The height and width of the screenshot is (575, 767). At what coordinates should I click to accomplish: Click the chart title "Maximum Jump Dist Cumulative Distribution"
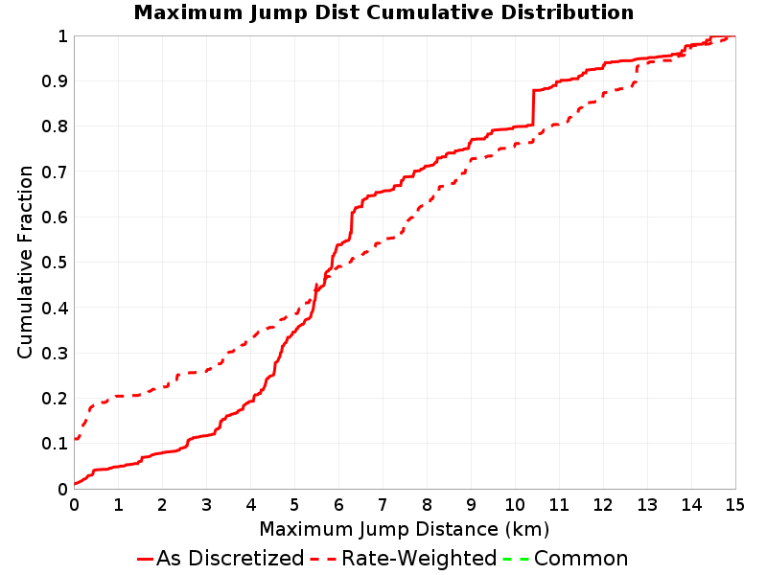pos(383,12)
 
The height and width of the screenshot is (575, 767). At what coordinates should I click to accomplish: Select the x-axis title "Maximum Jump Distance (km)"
pos(404,530)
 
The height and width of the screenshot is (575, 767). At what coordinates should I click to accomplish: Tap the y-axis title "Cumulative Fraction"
pos(25,262)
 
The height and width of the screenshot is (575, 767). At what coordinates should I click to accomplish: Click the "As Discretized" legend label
pos(230,558)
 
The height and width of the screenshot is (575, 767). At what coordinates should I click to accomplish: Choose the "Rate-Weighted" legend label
pos(419,558)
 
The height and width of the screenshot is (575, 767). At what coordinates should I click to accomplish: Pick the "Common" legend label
pos(581,558)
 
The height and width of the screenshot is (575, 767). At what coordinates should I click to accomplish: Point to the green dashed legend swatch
pos(516,559)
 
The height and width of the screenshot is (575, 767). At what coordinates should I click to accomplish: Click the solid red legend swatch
pos(146,559)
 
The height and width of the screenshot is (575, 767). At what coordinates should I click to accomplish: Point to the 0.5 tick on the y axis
pos(55,263)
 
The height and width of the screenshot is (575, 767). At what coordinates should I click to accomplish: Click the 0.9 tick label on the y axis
pos(55,81)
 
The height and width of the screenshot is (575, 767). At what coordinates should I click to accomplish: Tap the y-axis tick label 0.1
pos(55,444)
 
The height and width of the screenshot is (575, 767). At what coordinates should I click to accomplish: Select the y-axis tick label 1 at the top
pos(62,36)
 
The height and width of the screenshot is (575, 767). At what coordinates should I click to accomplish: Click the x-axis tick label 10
pos(515,505)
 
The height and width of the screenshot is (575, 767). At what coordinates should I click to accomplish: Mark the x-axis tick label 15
pos(735,505)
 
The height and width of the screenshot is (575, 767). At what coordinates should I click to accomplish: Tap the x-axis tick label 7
pos(383,505)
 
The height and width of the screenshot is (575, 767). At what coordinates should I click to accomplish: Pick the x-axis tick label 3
pos(206,505)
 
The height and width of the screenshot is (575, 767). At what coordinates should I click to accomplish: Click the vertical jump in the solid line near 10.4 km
pos(533,107)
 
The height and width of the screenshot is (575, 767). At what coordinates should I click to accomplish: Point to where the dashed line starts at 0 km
pos(75,439)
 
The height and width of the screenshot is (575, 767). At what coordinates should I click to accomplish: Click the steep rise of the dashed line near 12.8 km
pos(637,74)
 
